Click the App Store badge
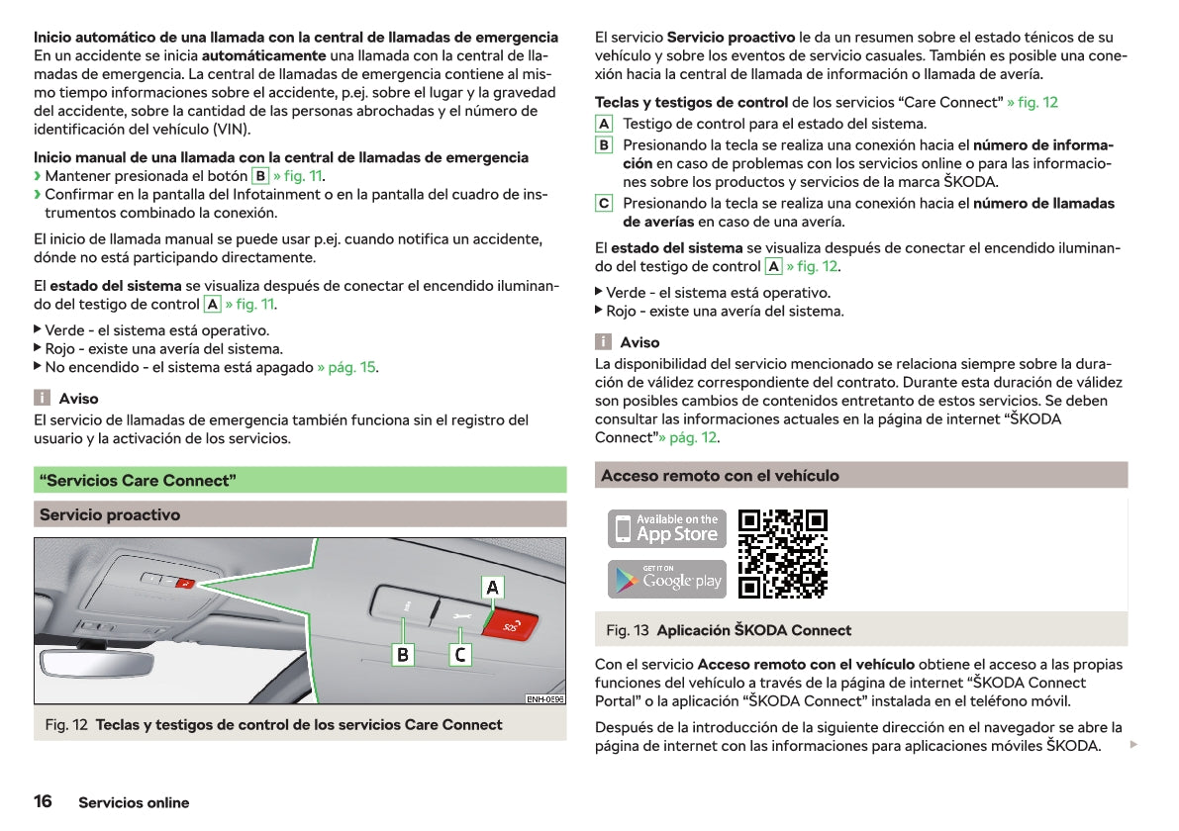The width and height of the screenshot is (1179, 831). tap(666, 528)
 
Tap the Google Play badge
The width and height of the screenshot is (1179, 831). tap(666, 580)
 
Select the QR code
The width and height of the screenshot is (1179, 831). tap(783, 554)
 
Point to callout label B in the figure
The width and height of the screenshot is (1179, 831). tap(403, 655)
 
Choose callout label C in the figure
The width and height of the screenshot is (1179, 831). tap(460, 655)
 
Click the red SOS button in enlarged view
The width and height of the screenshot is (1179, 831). tap(511, 625)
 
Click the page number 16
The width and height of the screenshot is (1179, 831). tap(44, 801)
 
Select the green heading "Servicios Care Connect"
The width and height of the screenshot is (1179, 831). tap(137, 481)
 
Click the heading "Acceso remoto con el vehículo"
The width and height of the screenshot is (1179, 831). tap(720, 476)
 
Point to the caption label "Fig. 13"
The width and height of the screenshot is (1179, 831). tap(628, 630)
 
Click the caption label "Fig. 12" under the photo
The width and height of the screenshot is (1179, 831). tap(66, 725)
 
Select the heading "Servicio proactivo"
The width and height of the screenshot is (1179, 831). tap(110, 514)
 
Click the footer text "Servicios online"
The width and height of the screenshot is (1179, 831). tap(134, 802)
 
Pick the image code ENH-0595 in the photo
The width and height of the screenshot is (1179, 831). tap(544, 698)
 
